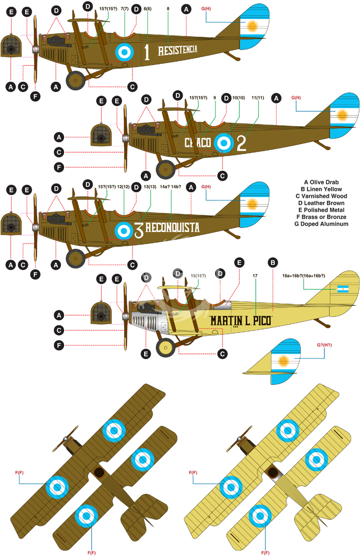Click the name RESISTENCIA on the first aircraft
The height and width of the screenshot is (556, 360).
click(x=177, y=50)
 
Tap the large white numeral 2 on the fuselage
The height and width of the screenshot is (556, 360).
click(x=241, y=143)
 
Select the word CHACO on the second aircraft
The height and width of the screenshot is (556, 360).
click(x=198, y=142)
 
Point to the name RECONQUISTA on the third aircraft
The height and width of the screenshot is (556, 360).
click(x=172, y=227)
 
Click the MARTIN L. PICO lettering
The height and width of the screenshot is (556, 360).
click(x=240, y=321)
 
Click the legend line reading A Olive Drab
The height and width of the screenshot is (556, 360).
click(x=321, y=182)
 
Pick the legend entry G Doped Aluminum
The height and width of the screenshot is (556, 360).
click(x=321, y=224)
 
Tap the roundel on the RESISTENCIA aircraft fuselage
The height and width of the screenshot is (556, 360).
click(x=124, y=52)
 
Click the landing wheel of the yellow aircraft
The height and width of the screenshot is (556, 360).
click(x=165, y=348)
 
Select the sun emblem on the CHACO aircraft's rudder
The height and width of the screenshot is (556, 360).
click(x=342, y=115)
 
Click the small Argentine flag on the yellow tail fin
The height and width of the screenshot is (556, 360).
click(x=343, y=289)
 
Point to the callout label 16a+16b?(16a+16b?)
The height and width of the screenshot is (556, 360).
click(x=304, y=276)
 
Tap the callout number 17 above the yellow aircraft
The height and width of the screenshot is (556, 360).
click(x=255, y=276)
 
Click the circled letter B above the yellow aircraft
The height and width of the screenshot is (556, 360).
click(x=273, y=263)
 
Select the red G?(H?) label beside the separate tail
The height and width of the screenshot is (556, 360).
click(x=324, y=345)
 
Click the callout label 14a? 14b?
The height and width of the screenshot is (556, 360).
click(x=170, y=187)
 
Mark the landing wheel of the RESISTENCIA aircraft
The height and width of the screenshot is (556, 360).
click(x=76, y=81)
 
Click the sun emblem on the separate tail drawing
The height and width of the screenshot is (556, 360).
click(x=283, y=361)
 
